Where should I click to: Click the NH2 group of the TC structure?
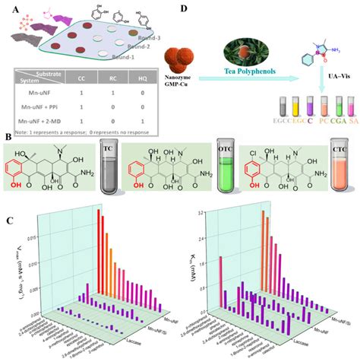click(86, 179)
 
